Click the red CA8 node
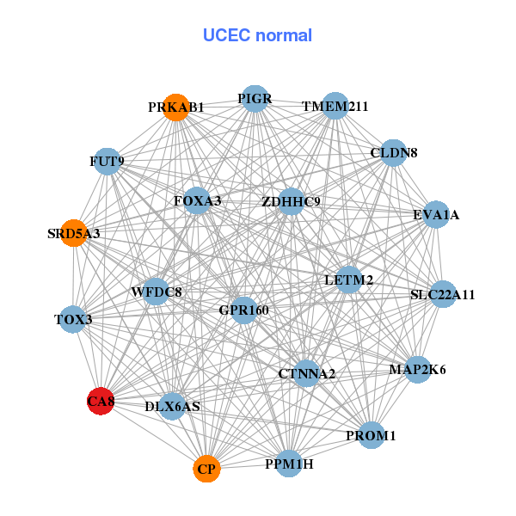[101, 401]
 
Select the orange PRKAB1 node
[176, 107]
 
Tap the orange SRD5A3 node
[74, 233]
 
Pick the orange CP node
[206, 469]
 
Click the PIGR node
[255, 99]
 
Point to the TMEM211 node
[335, 107]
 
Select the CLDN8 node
[393, 153]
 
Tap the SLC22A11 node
[442, 295]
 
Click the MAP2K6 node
[417, 370]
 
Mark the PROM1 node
[371, 436]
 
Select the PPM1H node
[289, 464]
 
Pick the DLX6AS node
[173, 406]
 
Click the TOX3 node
[73, 320]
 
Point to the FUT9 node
[107, 161]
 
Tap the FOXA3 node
[197, 201]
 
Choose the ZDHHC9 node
[291, 202]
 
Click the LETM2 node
[348, 280]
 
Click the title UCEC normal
[257, 35]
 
